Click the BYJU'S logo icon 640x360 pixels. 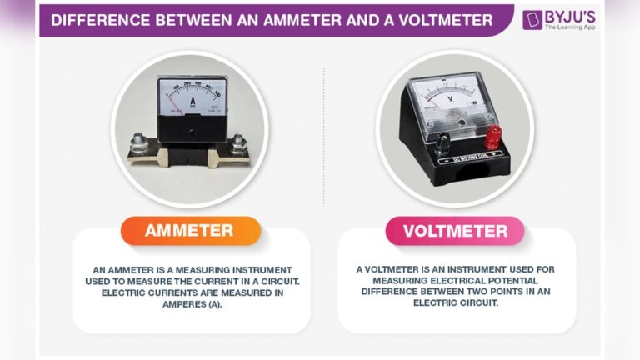[532, 19]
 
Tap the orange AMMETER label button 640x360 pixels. [189, 231]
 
